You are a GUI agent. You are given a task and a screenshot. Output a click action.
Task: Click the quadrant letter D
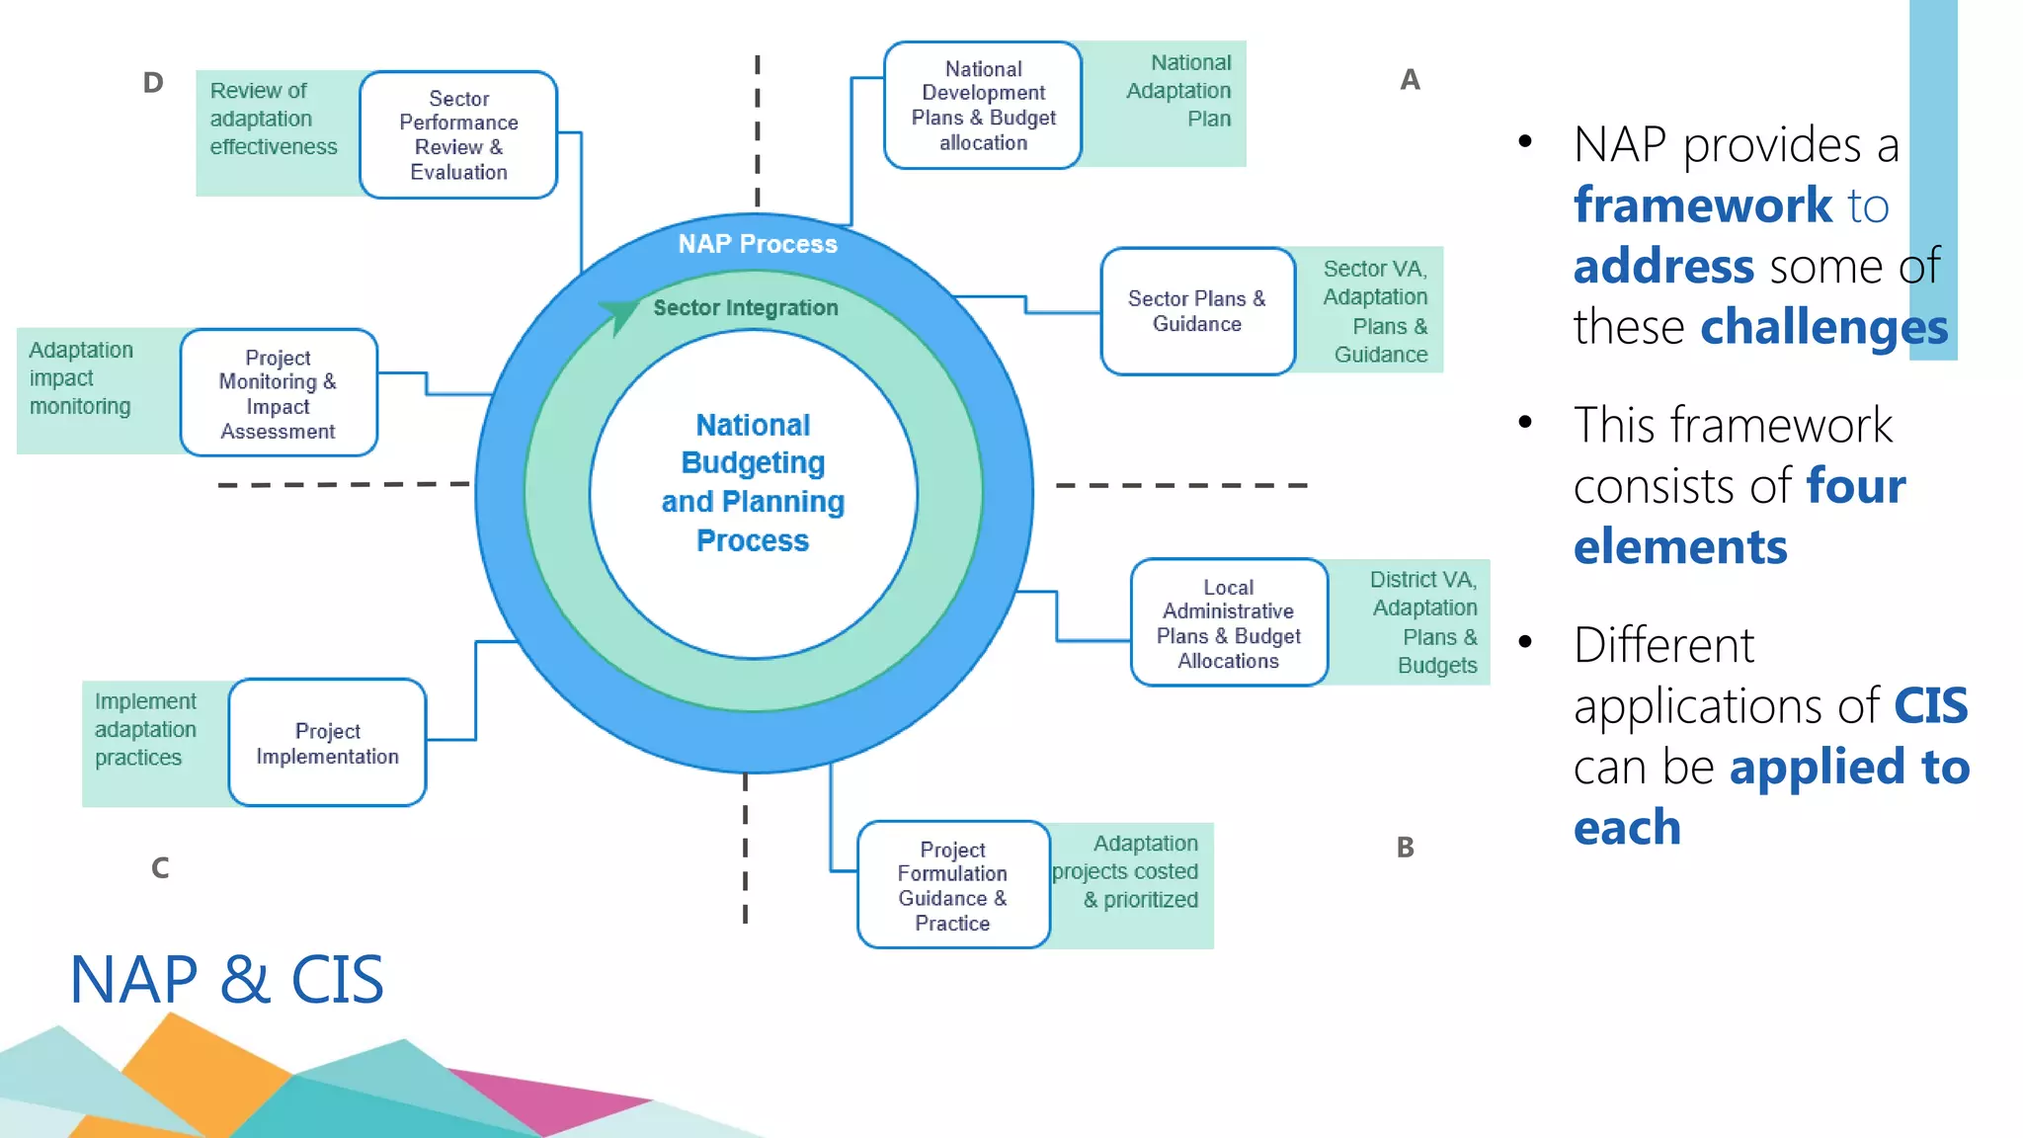click(152, 82)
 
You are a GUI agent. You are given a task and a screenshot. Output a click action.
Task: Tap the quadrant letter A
click(1410, 80)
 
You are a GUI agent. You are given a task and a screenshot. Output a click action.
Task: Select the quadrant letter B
click(1405, 848)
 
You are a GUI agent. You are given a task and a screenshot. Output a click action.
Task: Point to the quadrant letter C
click(160, 868)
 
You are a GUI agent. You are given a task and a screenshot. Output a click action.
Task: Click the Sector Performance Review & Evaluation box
click(458, 135)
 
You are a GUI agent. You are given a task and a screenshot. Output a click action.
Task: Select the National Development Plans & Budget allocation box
click(983, 106)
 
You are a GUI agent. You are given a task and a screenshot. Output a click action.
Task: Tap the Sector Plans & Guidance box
click(1197, 311)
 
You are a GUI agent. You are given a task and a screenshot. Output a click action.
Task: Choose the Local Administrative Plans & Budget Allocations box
click(1229, 623)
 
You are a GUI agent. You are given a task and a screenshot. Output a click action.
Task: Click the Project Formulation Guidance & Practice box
click(952, 885)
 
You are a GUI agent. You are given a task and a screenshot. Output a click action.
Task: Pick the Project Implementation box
click(327, 743)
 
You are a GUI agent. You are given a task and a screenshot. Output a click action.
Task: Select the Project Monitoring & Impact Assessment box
click(279, 393)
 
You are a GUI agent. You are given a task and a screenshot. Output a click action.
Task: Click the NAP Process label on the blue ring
click(758, 244)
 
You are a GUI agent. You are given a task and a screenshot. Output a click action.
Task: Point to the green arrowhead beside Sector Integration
click(619, 314)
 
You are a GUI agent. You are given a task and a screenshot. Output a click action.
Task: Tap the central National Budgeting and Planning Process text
click(753, 483)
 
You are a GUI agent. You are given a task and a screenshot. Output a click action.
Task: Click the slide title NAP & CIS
click(226, 980)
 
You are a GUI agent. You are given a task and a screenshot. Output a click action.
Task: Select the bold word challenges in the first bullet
click(1823, 327)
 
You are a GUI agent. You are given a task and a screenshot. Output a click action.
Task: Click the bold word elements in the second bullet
click(1680, 547)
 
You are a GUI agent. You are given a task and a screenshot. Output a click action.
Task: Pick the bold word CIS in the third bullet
click(1930, 706)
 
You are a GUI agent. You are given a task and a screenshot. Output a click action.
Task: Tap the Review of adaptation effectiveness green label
click(274, 120)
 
